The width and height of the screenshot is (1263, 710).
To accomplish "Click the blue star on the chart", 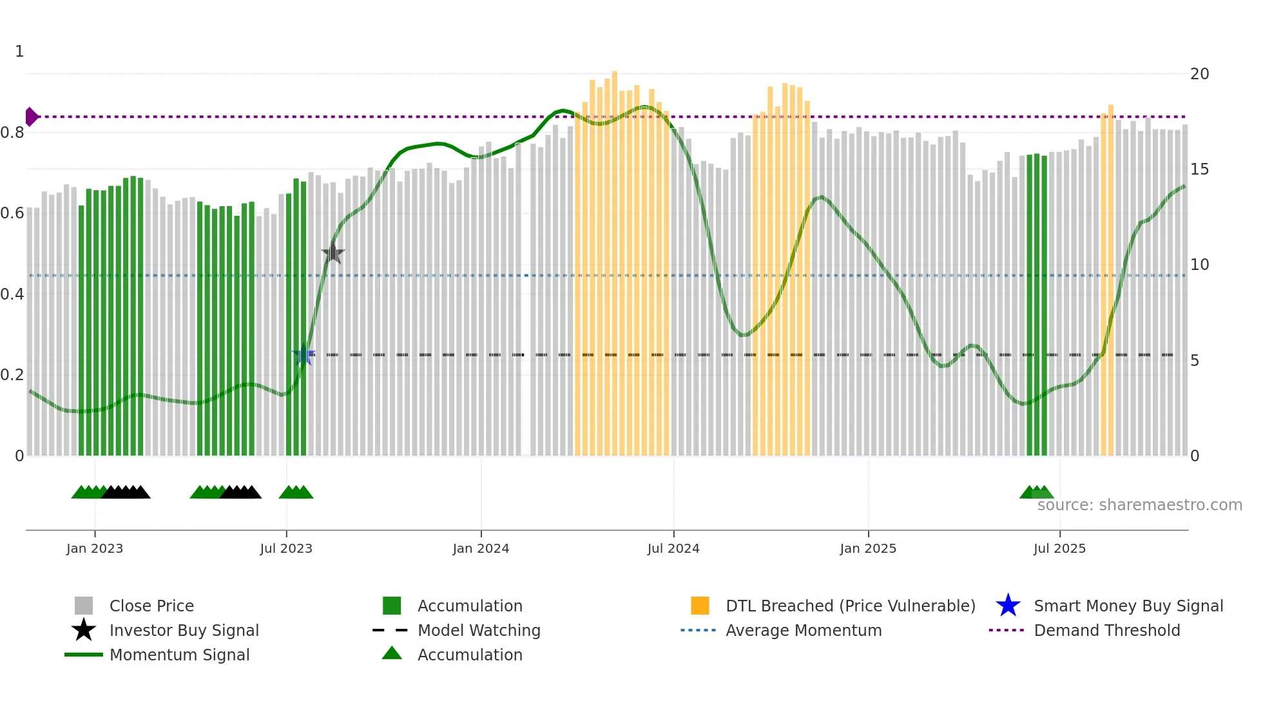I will [x=304, y=355].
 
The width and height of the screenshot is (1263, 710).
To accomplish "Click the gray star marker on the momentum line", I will [x=333, y=253].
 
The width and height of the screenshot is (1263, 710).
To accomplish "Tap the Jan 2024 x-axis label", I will [x=481, y=548].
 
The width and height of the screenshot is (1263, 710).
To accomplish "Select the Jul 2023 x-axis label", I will [x=286, y=548].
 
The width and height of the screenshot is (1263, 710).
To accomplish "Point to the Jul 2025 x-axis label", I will [x=1059, y=548].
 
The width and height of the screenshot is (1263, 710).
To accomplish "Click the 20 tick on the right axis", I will [x=1199, y=74].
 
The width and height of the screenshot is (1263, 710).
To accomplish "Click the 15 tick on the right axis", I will [x=1199, y=169].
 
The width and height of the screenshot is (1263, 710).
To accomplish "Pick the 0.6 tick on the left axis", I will [x=13, y=213].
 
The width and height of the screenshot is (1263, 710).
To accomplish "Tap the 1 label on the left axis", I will [x=19, y=52].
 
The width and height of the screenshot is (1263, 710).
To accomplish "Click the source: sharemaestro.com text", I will [x=1139, y=505].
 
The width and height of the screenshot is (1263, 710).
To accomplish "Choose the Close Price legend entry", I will [x=151, y=606].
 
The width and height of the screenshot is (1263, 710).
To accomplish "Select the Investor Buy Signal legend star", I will [x=84, y=630].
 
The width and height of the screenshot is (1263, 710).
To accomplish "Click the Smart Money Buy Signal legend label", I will [x=1128, y=606].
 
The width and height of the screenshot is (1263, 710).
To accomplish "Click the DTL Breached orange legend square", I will [x=700, y=606].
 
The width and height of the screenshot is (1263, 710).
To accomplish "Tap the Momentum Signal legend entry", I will [x=179, y=655].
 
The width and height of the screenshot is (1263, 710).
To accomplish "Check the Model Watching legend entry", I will [x=479, y=630].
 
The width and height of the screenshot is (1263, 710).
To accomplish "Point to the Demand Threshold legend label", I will [x=1106, y=630].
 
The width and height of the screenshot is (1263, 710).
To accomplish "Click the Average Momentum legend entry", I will [x=803, y=630].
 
